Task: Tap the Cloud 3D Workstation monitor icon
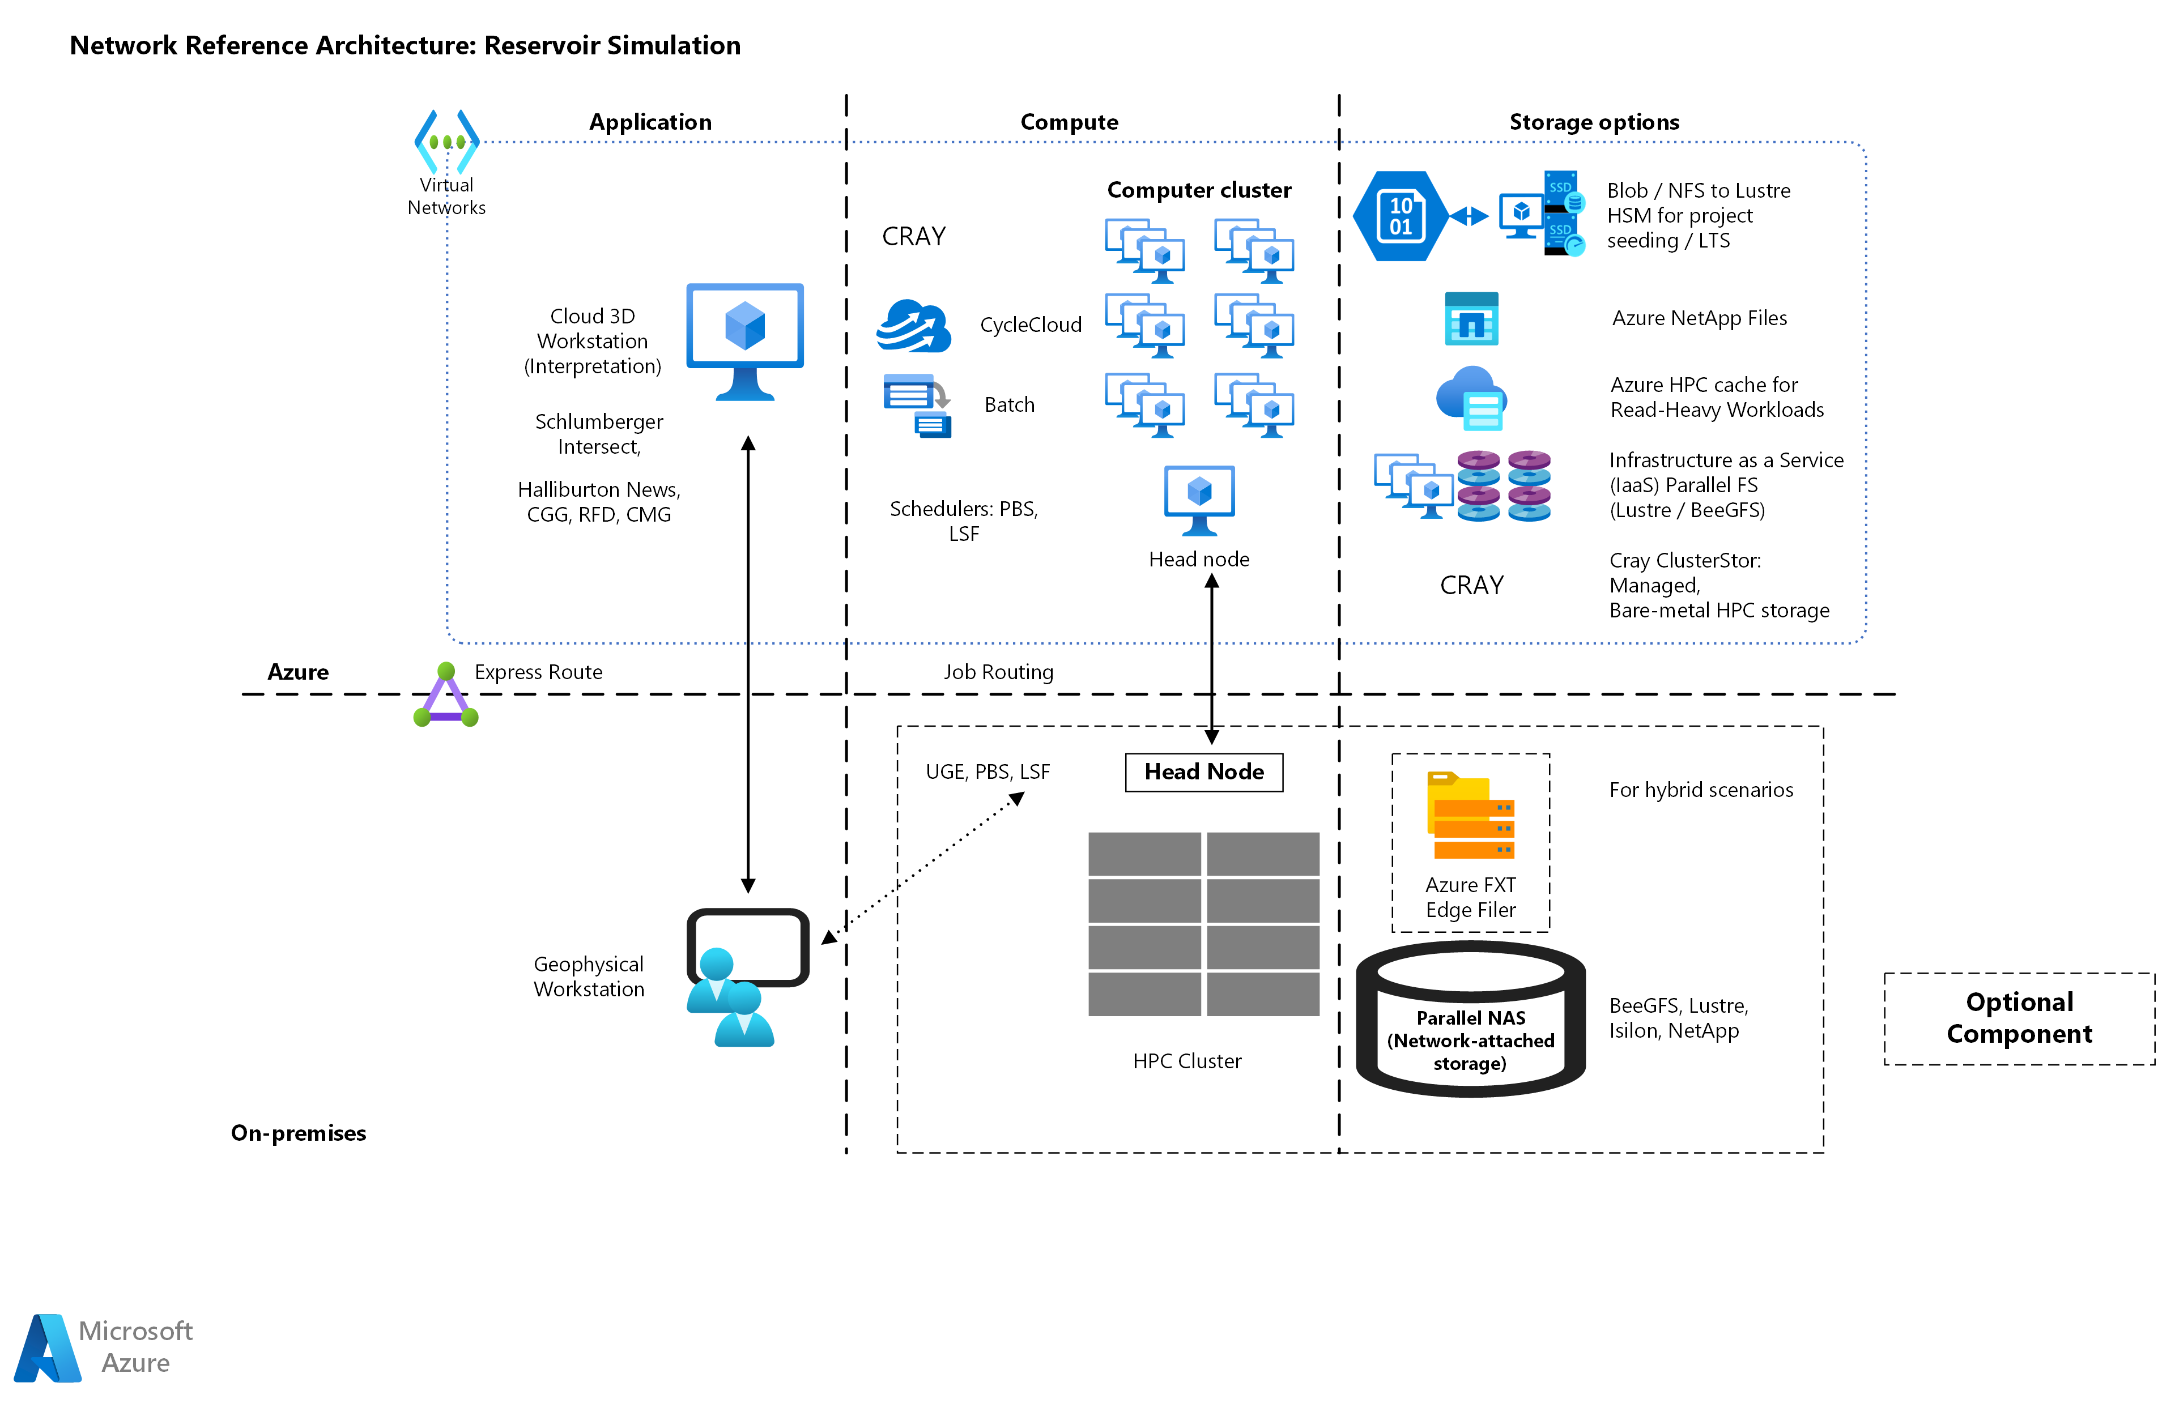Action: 744,340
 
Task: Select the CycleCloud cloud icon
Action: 914,326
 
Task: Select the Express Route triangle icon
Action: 445,697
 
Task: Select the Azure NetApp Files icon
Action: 1471,319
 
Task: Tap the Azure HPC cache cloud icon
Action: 1471,398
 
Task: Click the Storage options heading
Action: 1594,122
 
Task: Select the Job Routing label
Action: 998,672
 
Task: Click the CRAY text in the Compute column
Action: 914,237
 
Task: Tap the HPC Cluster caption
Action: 1186,1061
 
